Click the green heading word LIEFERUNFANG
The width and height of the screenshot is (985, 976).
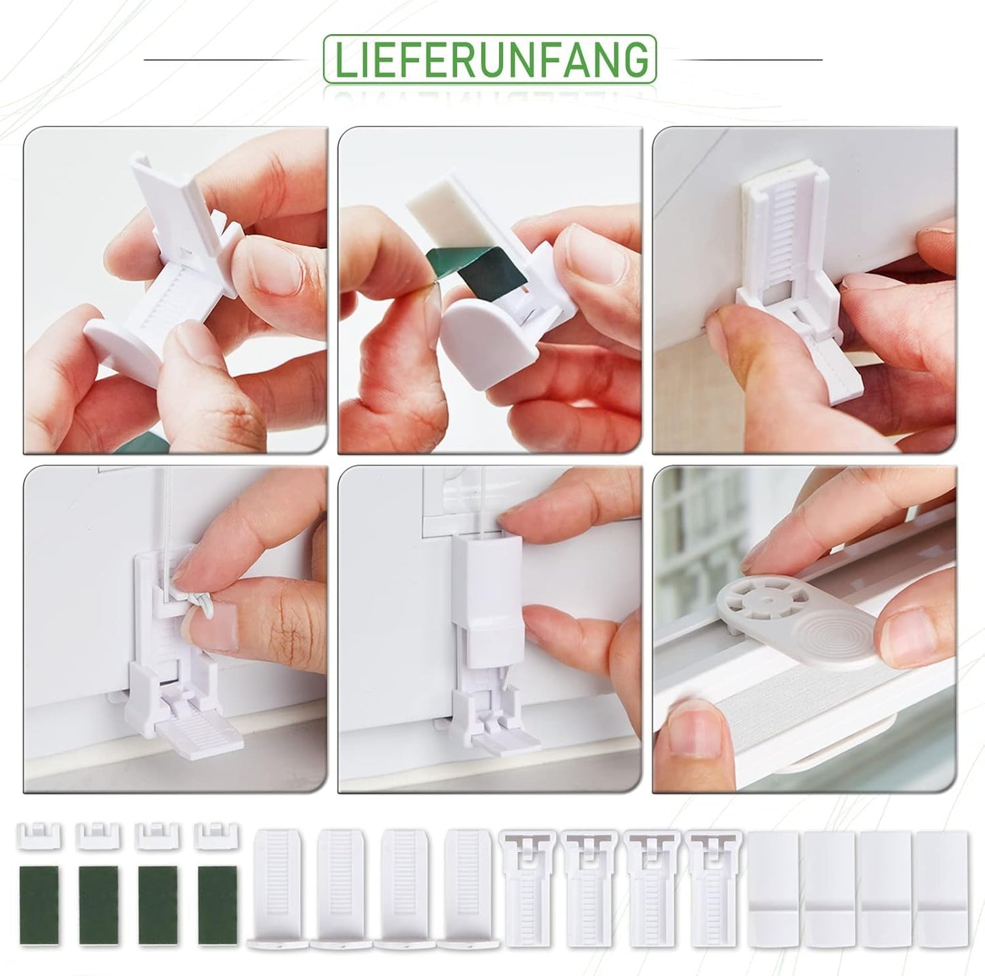(490, 60)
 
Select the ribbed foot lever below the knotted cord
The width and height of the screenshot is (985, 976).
(199, 733)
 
